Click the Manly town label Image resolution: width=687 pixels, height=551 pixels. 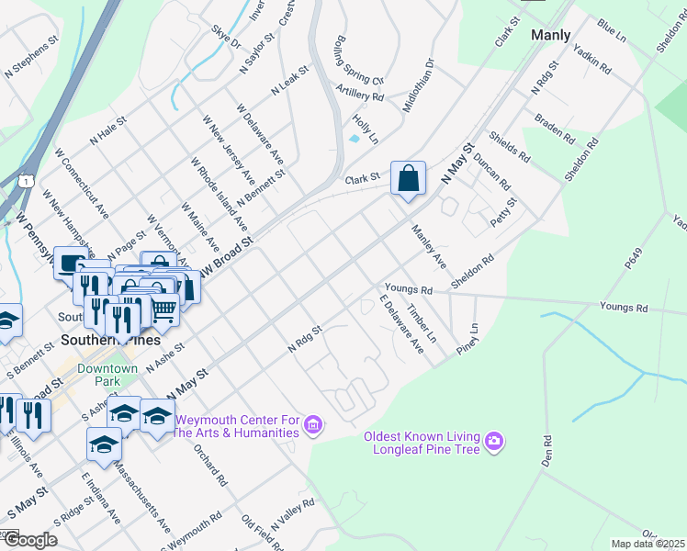pos(550,35)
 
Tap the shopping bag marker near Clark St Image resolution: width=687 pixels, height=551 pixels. pos(407,178)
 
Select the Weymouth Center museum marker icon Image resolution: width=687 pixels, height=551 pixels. pos(313,425)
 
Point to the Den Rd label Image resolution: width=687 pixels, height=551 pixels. pos(546,452)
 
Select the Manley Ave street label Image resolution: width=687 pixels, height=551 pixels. pos(428,247)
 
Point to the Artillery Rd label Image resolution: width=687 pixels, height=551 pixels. pos(359,95)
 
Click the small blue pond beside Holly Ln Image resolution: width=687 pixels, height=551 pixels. pos(355,140)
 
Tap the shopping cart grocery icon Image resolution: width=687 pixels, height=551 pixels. pos(163,310)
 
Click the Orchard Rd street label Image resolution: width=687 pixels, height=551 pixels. pos(210,466)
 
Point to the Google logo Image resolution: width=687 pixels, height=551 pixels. pos(30,539)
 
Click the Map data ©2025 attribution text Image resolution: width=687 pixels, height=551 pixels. pos(648,544)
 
